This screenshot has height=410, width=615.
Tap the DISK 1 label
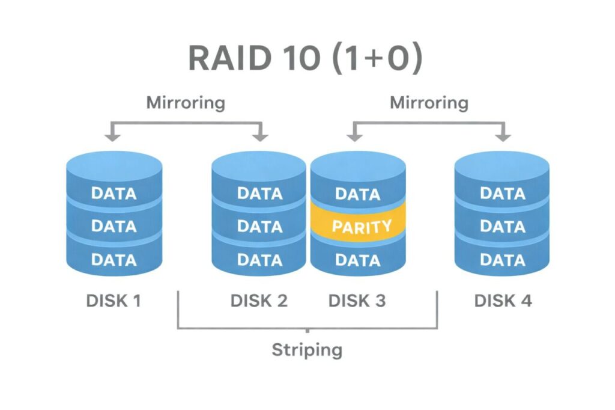[114, 301]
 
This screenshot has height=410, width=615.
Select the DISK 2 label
[259, 301]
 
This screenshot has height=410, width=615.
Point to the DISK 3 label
[357, 301]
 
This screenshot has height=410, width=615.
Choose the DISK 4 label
[503, 301]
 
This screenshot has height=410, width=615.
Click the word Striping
[307, 349]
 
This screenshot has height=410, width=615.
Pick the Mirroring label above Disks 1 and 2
[186, 102]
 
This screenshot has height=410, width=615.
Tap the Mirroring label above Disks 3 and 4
[429, 102]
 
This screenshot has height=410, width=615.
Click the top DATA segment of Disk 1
[114, 194]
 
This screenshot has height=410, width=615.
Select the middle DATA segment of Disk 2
[260, 227]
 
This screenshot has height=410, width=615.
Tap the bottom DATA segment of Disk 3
[357, 260]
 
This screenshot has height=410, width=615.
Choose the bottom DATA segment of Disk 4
[503, 260]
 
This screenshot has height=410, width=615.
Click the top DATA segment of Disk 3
[357, 194]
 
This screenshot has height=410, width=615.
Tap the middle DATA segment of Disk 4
[503, 227]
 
